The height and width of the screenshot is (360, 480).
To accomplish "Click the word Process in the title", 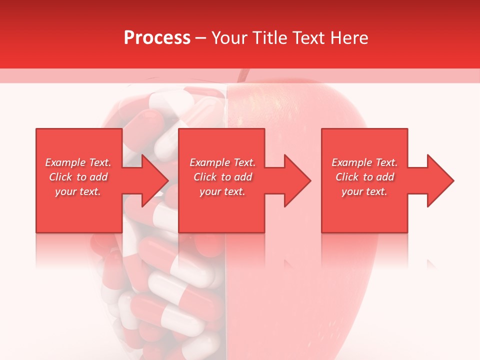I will (x=157, y=38).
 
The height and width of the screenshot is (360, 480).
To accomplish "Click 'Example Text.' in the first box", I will (x=78, y=162).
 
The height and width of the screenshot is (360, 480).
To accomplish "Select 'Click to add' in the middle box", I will (x=222, y=177).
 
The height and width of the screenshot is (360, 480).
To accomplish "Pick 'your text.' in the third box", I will (x=364, y=191).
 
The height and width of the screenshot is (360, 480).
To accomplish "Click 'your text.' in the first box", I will (x=78, y=191).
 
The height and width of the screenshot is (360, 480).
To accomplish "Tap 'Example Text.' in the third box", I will (x=364, y=162).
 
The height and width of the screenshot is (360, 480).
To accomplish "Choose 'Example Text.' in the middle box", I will (x=222, y=162).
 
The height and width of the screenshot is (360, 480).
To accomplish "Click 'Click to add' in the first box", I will (x=78, y=177).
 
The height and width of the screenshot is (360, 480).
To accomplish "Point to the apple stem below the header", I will (x=243, y=75).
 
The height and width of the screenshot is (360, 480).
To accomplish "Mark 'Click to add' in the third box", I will (x=364, y=177).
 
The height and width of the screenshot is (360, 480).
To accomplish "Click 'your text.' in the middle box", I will (x=222, y=191).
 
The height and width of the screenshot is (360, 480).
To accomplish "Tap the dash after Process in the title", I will (x=201, y=38).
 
